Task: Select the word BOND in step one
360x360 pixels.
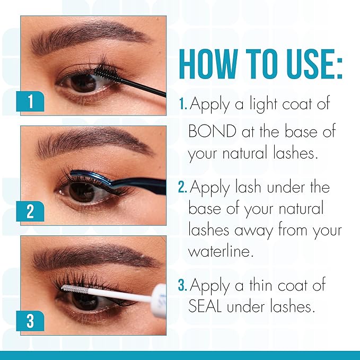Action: point(212,131)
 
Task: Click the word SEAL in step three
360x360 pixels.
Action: point(205,306)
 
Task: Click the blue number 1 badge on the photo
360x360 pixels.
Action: point(30,101)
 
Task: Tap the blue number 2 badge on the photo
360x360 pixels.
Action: point(30,211)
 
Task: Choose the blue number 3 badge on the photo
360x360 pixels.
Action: point(30,321)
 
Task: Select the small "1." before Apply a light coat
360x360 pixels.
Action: point(183,104)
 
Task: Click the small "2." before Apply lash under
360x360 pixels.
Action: point(183,187)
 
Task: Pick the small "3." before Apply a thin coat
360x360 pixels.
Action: point(183,285)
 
